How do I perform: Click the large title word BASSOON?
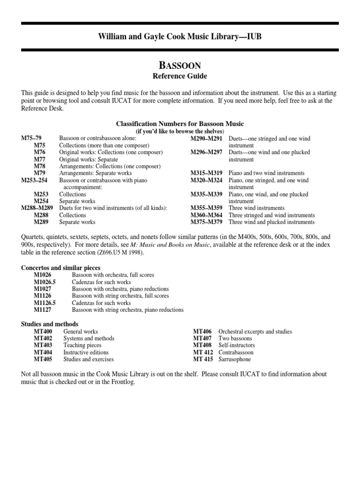(x=180, y=65)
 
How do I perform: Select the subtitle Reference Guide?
(x=180, y=76)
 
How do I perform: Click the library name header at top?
(x=180, y=37)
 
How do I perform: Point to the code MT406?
(x=202, y=331)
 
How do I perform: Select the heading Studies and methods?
(x=50, y=324)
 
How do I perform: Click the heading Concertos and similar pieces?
(x=60, y=268)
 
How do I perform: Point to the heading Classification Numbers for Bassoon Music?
(x=180, y=124)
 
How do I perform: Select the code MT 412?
(x=203, y=352)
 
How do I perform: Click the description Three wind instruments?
(x=256, y=208)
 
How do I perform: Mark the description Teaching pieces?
(x=82, y=345)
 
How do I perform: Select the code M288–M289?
(x=37, y=208)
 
